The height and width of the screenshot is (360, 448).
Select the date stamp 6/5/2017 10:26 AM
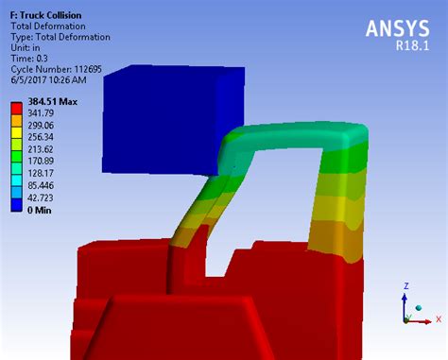[x=55, y=79]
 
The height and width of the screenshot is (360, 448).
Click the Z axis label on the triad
[x=405, y=284]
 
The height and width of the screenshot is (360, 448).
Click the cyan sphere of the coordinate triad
[x=416, y=306]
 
